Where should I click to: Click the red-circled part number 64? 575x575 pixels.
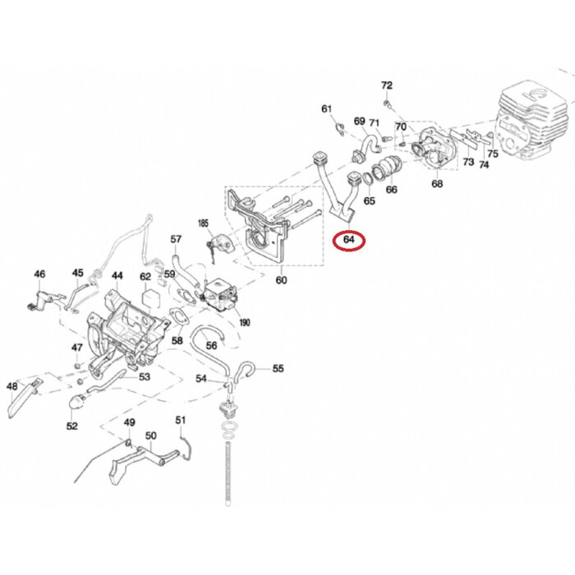pos(350,240)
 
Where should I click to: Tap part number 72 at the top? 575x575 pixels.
pos(387,85)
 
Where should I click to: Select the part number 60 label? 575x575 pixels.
pos(282,281)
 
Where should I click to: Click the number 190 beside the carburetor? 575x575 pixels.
pos(244,323)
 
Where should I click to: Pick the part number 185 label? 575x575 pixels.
pos(205,223)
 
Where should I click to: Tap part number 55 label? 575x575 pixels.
pos(278,369)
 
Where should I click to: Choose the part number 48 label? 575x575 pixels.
pos(12,385)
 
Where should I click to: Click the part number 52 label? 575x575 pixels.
pos(72,426)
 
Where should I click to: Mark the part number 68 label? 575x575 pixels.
pos(437,185)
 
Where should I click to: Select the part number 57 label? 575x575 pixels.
pos(176,239)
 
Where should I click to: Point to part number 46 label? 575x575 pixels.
pos(39,274)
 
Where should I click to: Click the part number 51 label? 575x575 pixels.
pos(181,421)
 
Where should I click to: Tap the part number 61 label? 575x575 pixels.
pos(326,109)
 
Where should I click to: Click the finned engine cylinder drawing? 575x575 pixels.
pos(533,123)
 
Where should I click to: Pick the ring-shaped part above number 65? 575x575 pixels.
pos(356,181)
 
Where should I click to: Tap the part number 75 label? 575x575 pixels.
pos(492,153)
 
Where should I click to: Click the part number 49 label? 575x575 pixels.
pos(129,422)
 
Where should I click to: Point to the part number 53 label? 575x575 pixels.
pos(145,378)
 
